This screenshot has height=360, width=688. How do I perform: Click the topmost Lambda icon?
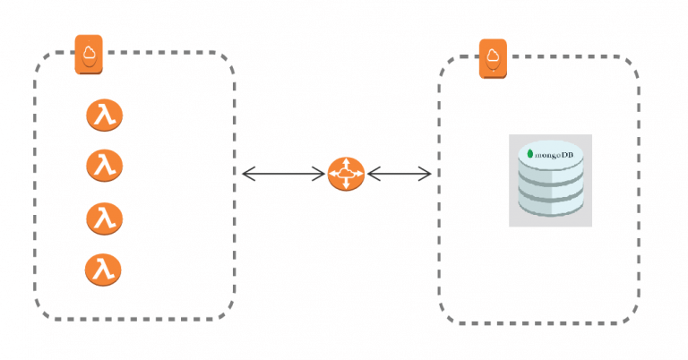(x=105, y=116)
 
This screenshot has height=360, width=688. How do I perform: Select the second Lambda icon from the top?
(x=105, y=166)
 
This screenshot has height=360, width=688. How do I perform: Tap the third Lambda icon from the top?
(x=105, y=219)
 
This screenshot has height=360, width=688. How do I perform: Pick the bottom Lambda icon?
(x=103, y=270)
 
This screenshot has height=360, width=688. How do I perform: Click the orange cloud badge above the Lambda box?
(x=89, y=55)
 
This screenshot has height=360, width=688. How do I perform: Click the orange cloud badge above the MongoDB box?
(x=493, y=59)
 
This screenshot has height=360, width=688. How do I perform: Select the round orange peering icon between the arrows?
(x=346, y=174)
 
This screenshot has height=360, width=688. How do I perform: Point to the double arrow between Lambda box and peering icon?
(x=283, y=174)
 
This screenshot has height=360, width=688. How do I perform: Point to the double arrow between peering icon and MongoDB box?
(x=400, y=174)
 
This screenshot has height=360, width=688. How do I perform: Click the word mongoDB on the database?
(x=554, y=155)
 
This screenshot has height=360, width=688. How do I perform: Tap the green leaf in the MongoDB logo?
(x=530, y=154)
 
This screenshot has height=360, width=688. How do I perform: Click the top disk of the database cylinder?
(x=551, y=157)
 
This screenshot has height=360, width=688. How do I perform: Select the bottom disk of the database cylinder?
(x=551, y=205)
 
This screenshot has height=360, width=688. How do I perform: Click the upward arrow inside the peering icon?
(x=346, y=164)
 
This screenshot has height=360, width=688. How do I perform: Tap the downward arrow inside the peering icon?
(x=346, y=184)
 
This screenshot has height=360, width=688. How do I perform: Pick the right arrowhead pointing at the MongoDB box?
(x=426, y=174)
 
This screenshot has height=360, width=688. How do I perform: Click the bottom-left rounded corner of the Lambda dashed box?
(x=43, y=312)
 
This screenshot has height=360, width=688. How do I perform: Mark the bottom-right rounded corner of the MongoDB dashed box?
(x=631, y=315)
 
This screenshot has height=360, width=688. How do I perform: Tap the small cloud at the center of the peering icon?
(x=346, y=174)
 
